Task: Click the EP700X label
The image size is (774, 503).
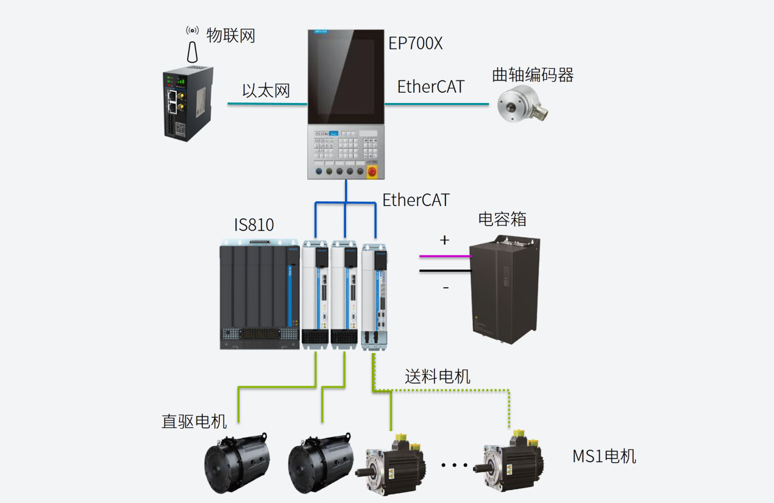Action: click(x=416, y=44)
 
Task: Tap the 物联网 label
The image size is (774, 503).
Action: click(x=230, y=35)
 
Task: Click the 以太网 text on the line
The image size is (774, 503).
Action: click(x=266, y=91)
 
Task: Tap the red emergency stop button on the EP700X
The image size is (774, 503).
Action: click(x=373, y=173)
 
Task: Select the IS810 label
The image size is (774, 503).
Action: click(x=254, y=225)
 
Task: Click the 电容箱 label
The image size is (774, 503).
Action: click(x=502, y=219)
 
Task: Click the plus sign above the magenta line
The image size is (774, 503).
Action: click(x=444, y=240)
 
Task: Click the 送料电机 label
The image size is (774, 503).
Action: click(x=438, y=376)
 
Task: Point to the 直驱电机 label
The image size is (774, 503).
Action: click(x=194, y=421)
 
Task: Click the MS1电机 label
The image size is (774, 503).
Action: click(x=604, y=456)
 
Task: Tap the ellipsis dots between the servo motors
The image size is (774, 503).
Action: click(x=453, y=465)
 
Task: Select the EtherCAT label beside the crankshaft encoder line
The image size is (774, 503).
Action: click(x=430, y=87)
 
